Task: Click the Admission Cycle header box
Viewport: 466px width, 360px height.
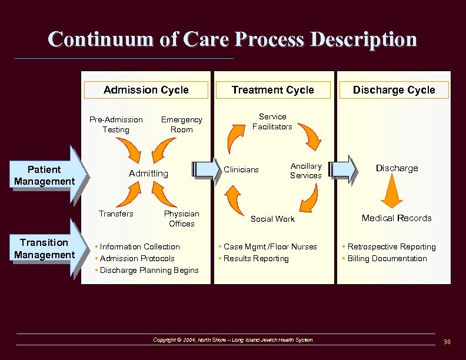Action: (146, 90)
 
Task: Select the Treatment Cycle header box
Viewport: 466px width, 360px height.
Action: (272, 90)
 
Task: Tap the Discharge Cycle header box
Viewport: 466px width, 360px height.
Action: (394, 90)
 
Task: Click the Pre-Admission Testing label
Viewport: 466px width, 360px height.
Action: (116, 124)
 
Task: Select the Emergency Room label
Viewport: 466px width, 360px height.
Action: (181, 124)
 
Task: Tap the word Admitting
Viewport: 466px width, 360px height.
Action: (148, 174)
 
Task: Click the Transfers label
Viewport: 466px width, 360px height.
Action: (116, 214)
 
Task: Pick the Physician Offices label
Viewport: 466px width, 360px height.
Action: (181, 218)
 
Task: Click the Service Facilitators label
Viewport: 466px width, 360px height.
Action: (272, 121)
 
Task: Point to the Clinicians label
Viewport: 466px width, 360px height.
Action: (241, 169)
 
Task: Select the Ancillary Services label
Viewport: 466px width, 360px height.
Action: (306, 171)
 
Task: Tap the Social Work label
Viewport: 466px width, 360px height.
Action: (272, 219)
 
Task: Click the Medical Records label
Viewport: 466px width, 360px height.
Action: (397, 218)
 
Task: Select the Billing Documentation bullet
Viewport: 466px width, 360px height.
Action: (387, 258)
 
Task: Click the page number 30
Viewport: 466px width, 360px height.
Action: (447, 342)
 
